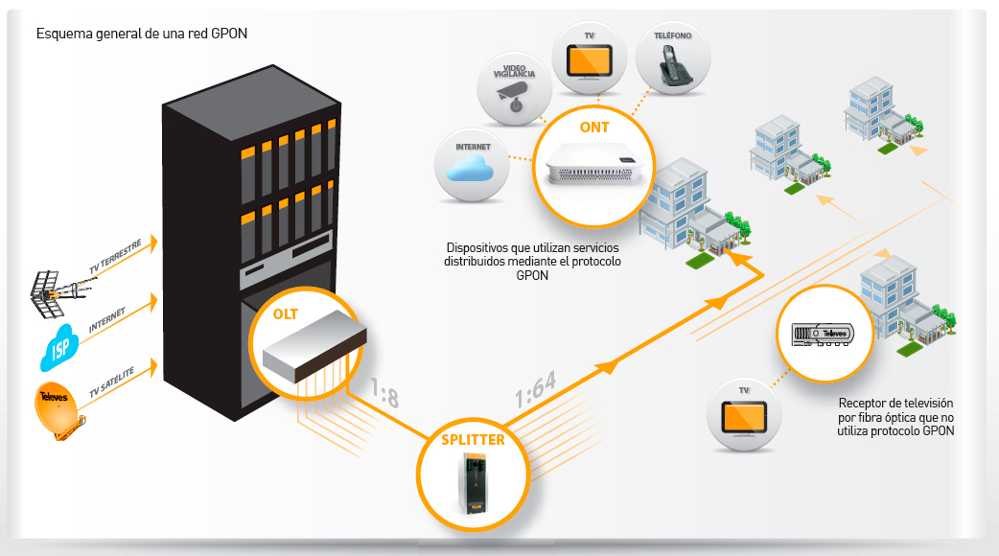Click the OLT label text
tap(286, 314)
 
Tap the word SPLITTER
tap(473, 439)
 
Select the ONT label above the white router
tap(594, 127)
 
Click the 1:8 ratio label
tap(385, 392)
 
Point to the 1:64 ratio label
tap(536, 389)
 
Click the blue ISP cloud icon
tap(58, 347)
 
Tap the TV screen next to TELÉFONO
tap(590, 61)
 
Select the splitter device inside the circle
tap(472, 481)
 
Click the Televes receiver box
tap(823, 335)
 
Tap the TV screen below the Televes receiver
tap(744, 418)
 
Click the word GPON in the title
tap(229, 34)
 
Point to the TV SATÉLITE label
tap(111, 382)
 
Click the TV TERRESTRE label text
tap(115, 256)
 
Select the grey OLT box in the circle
tap(314, 346)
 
